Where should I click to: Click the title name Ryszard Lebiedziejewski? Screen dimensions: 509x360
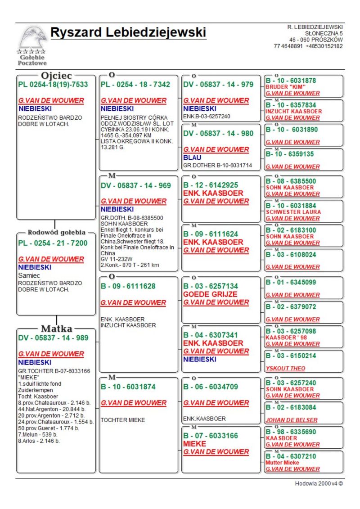(x=128, y=33)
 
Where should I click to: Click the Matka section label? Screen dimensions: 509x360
(x=57, y=329)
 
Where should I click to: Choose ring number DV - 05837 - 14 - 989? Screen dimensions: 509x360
(x=54, y=338)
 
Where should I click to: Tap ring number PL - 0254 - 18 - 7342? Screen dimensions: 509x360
(x=135, y=85)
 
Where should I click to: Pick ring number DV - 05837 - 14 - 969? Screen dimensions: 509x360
(x=135, y=185)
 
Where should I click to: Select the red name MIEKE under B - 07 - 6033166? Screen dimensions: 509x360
(x=194, y=444)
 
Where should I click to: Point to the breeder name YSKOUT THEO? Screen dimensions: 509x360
(x=285, y=368)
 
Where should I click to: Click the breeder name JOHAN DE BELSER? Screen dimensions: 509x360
(x=292, y=420)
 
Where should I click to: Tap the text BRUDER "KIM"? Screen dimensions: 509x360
(x=283, y=87)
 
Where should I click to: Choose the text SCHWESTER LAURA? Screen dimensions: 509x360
(x=293, y=212)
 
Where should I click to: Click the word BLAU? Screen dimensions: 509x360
(x=192, y=158)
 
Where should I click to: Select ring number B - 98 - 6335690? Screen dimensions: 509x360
(x=291, y=431)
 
